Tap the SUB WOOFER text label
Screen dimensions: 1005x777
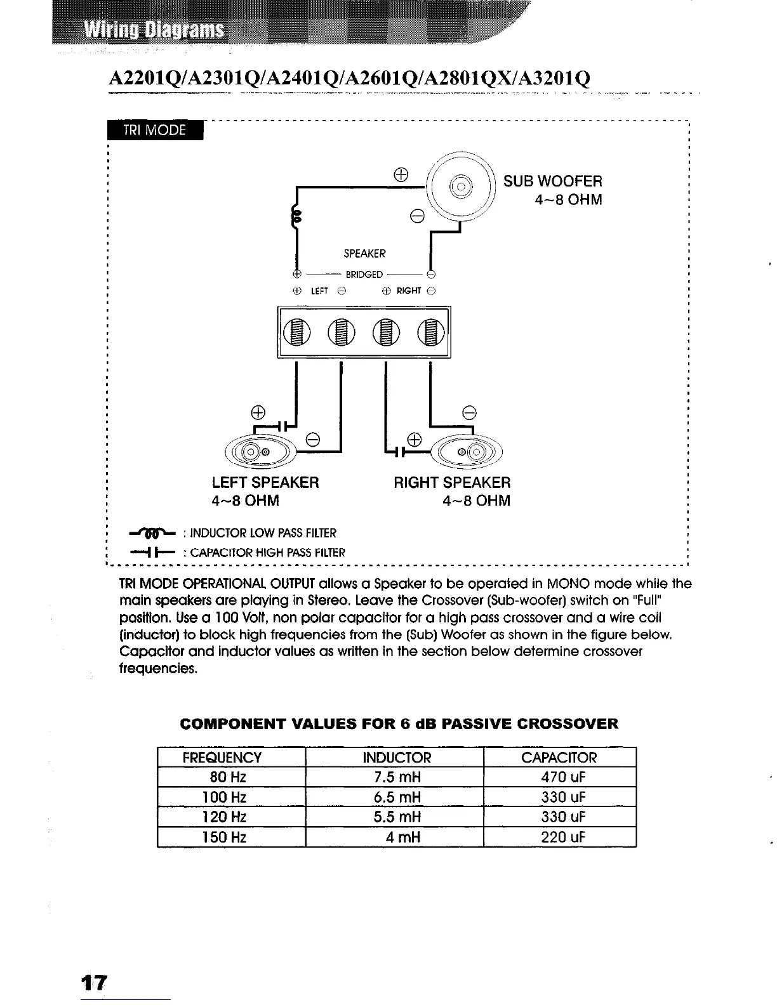click(552, 181)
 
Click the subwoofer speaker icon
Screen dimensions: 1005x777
click(461, 188)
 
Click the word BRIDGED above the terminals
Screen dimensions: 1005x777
click(364, 275)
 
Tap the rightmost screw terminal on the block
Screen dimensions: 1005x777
click(430, 332)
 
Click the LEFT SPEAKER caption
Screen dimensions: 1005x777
click(265, 483)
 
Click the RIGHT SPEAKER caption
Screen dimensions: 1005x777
click(452, 483)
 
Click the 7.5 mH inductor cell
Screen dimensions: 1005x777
click(394, 777)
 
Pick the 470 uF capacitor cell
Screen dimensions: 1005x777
click(560, 777)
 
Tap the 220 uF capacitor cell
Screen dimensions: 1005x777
click(560, 837)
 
